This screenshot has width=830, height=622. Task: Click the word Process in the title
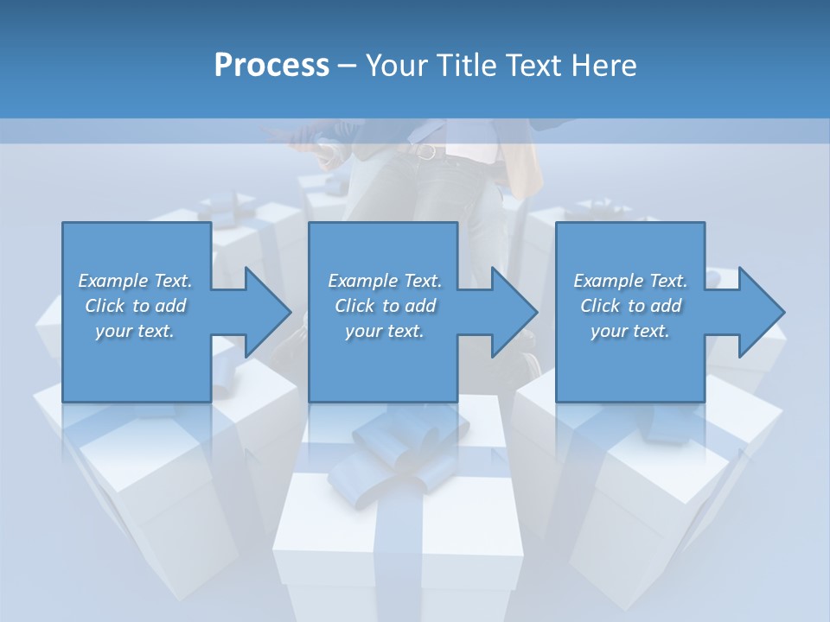[271, 66]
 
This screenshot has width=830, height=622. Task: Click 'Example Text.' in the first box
[136, 281]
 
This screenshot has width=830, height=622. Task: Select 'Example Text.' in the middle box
[385, 281]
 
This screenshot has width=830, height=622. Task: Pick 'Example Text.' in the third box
[630, 281]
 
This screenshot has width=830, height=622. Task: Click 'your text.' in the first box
[135, 331]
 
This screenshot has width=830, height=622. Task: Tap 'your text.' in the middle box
[385, 331]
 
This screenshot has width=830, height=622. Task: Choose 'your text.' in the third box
[630, 331]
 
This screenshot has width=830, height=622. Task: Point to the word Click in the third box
[600, 306]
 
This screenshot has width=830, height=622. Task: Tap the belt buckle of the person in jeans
[425, 152]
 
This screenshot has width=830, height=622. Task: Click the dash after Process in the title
[347, 66]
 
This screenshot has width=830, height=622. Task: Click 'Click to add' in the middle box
[385, 306]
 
